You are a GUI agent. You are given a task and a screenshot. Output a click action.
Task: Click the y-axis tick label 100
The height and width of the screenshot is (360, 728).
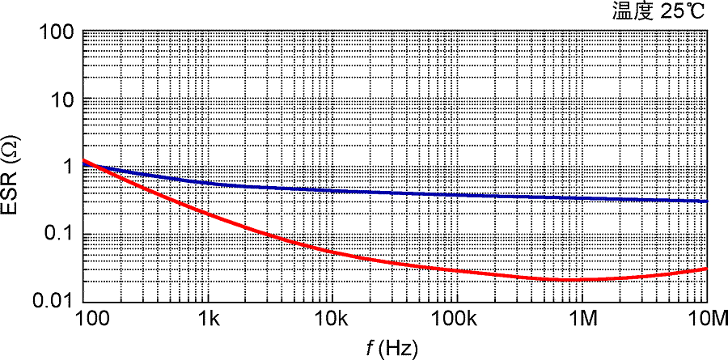coord(57,33)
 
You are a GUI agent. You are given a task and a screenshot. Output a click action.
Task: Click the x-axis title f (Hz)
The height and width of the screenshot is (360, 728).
coord(394,348)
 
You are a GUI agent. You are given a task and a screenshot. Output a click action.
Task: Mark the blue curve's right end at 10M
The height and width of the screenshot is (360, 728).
coord(706,201)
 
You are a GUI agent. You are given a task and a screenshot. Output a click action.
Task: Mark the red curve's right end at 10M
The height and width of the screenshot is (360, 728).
coord(706,269)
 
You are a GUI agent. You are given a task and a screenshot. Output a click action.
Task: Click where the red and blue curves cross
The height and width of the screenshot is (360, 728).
coord(90,165)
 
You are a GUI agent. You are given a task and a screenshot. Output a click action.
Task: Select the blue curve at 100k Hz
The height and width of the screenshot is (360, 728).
coord(457,194)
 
